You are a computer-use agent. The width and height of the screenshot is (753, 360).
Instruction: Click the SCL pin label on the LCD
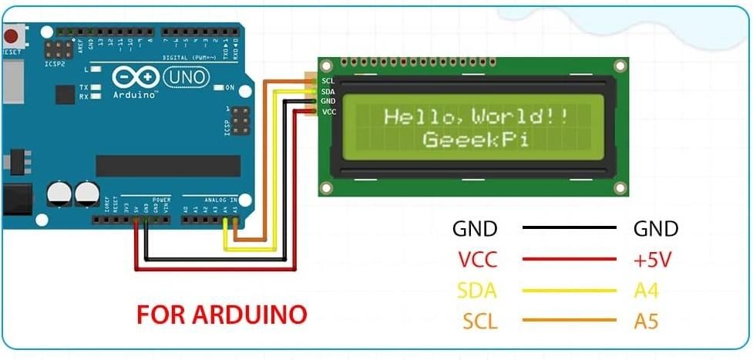pos(328,81)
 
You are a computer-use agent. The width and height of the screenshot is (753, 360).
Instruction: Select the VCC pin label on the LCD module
pos(328,112)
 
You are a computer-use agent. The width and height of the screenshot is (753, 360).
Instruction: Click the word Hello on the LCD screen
pos(422,117)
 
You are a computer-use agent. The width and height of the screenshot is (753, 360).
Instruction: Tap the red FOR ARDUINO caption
pos(222,315)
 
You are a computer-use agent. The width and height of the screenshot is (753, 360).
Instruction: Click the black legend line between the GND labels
pos(570,228)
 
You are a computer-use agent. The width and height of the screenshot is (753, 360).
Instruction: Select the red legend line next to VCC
pos(570,259)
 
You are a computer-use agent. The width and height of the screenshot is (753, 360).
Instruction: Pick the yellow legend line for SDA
pos(570,290)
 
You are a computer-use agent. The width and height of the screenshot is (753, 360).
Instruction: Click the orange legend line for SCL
pos(570,321)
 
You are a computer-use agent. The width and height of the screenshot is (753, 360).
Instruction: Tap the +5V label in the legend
pos(653,260)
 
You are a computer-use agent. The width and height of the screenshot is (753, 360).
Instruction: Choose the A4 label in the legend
pos(646,291)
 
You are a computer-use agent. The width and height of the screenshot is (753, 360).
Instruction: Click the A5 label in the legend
pos(646,321)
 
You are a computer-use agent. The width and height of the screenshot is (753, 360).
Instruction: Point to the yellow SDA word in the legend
pos(477,291)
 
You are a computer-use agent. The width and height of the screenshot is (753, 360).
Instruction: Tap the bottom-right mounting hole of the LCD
pos(618,187)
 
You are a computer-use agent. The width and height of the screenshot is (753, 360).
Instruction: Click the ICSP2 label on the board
pos(53,65)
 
